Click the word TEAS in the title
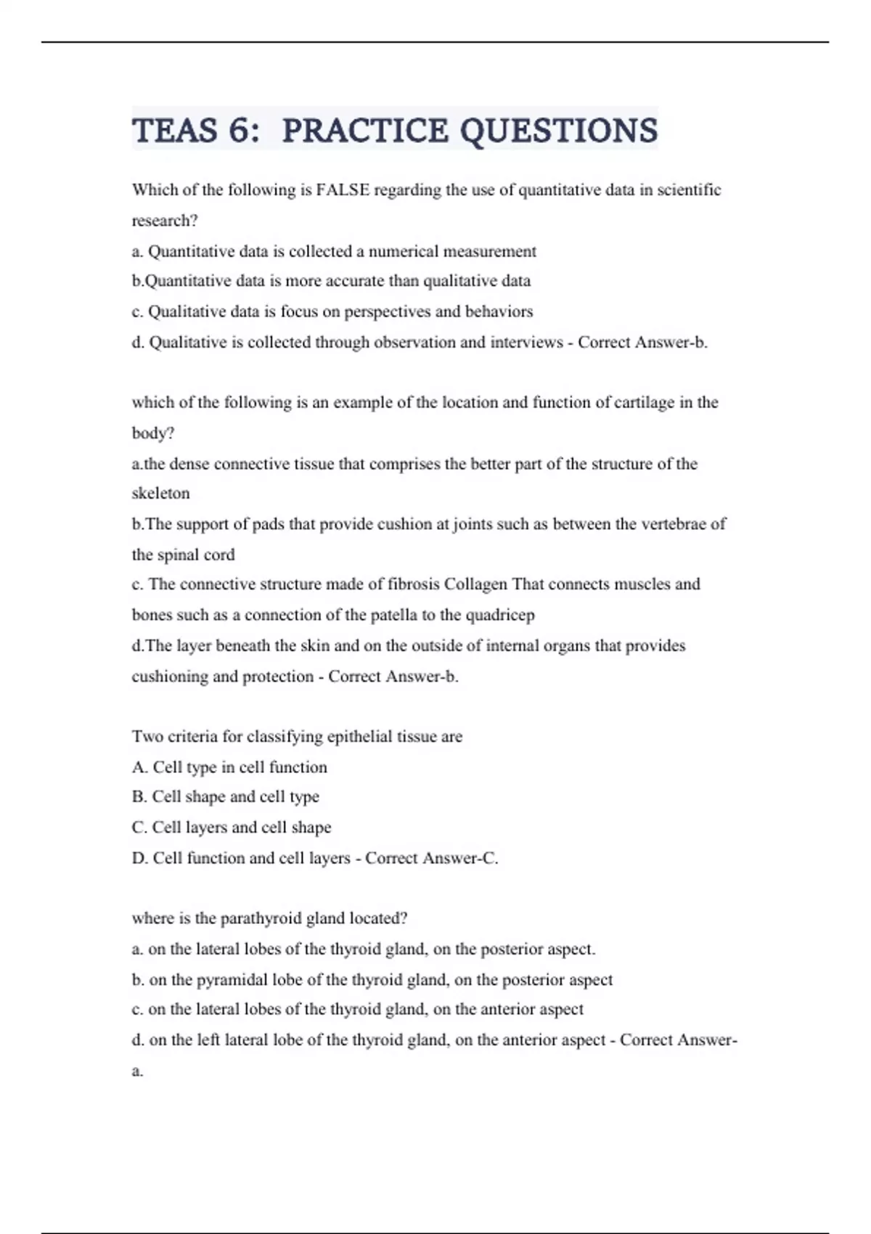click(x=175, y=131)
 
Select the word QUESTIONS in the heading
click(x=559, y=131)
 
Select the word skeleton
click(x=160, y=494)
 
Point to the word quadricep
click(x=499, y=616)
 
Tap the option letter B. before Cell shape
click(x=139, y=797)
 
